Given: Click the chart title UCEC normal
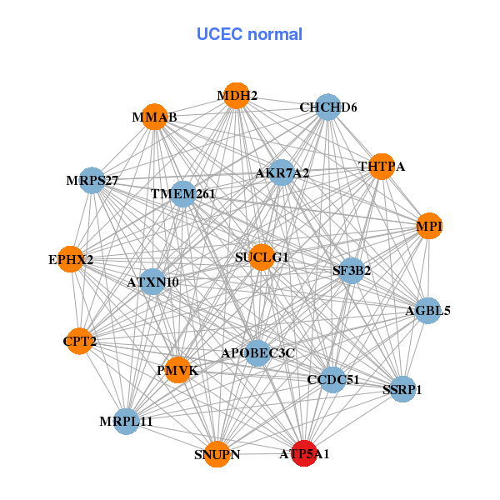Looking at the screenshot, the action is pos(249,34).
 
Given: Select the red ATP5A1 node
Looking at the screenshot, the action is pos(305,453).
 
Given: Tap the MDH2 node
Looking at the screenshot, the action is pos(237,97).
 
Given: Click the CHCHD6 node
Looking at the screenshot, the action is pos(327,107).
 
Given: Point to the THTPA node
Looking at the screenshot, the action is pos(381,167).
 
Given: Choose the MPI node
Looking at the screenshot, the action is pos(428,227).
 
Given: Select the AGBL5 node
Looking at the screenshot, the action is pos(427,311).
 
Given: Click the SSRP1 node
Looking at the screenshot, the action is pos(402,389).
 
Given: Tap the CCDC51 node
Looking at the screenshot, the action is pos(332,380).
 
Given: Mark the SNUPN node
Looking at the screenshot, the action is pos(217,454).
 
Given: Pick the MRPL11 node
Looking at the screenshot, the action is pos(127,422).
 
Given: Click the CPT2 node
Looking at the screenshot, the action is pos(79,341).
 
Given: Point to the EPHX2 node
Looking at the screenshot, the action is pos(72,259).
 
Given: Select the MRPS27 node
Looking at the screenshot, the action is pos(92,180).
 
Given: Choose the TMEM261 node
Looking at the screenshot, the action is pos(182,194).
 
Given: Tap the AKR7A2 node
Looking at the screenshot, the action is pos(282,173).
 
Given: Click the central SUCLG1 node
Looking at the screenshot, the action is pos(261,257).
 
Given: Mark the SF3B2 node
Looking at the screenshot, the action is pos(352,270).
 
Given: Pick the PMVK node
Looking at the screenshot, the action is pos(177,369).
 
